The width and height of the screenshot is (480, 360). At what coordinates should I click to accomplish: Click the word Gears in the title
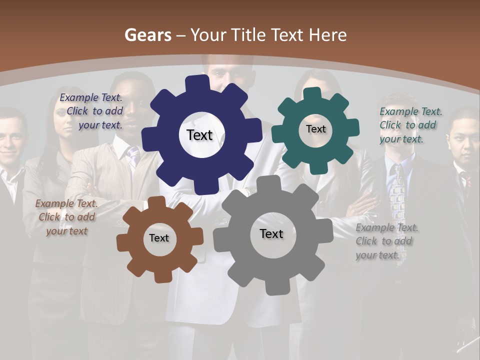(x=148, y=35)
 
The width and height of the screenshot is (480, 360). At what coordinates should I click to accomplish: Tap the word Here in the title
(x=328, y=35)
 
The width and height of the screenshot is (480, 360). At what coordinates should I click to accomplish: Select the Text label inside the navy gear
(x=199, y=135)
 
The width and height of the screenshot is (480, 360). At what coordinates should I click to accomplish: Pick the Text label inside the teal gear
(x=315, y=129)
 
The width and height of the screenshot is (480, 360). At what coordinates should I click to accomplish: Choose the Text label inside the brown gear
(x=159, y=238)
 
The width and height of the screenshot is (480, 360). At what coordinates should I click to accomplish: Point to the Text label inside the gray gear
(x=271, y=233)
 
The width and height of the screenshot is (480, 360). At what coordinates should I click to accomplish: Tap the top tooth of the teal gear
(x=312, y=93)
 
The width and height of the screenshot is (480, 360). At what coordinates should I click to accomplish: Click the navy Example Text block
(x=91, y=111)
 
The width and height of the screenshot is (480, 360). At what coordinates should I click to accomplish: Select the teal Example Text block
(x=410, y=125)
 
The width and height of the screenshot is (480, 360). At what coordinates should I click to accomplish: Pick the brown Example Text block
(x=67, y=217)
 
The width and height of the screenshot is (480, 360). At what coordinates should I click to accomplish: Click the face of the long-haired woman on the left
(x=65, y=120)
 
